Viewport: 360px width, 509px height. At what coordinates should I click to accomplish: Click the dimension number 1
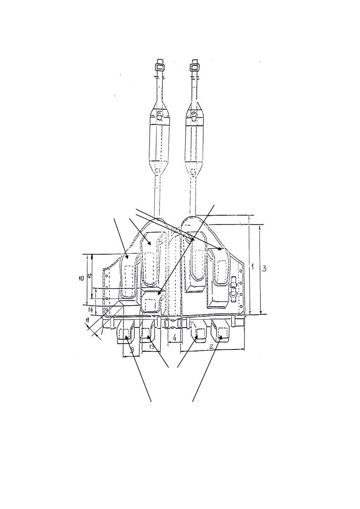coord(253,267)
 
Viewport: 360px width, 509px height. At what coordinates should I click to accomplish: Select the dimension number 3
coord(264,269)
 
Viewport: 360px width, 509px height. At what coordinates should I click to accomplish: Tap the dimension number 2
coord(212,346)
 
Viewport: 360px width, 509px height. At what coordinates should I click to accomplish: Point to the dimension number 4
coord(174,336)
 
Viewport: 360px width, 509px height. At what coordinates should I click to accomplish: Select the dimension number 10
coord(81,278)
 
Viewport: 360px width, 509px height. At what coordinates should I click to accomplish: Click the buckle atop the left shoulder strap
coord(160,67)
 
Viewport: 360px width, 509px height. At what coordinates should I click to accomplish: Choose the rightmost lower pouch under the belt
coord(221,332)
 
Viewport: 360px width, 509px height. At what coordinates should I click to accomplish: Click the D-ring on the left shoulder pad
coord(160,116)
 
